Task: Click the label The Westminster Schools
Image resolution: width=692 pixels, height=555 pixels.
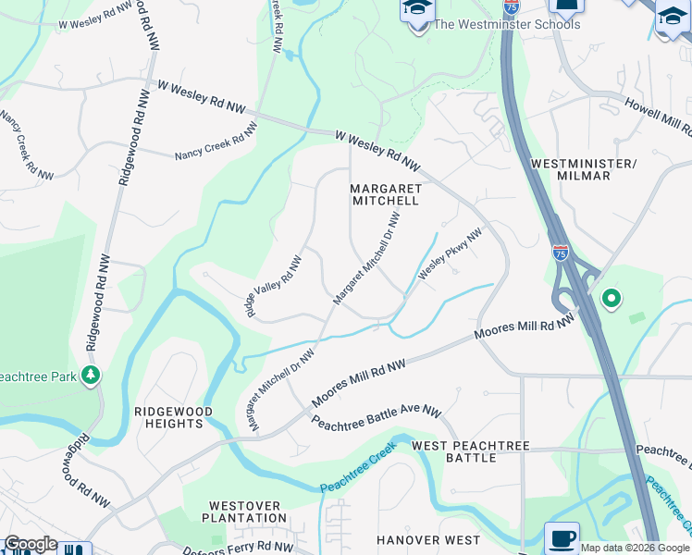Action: pyautogui.click(x=507, y=24)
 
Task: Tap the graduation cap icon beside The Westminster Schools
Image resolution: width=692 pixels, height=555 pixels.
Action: pyautogui.click(x=417, y=9)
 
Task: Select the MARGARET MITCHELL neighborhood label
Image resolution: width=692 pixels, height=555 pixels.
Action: pyautogui.click(x=386, y=194)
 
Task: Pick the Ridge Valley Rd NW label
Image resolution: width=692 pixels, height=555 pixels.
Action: pyautogui.click(x=274, y=288)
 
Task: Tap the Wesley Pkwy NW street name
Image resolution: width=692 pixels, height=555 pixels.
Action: pyautogui.click(x=451, y=255)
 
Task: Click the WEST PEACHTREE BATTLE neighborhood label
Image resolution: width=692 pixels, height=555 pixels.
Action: pyautogui.click(x=471, y=451)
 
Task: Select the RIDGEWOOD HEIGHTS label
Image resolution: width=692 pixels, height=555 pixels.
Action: pyautogui.click(x=174, y=417)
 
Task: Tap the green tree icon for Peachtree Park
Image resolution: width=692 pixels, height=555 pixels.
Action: pyautogui.click(x=91, y=375)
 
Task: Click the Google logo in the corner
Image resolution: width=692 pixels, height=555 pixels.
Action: pyautogui.click(x=31, y=544)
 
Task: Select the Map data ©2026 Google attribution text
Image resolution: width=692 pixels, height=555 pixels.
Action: pyautogui.click(x=635, y=548)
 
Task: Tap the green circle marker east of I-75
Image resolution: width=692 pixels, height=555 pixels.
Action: pyautogui.click(x=610, y=299)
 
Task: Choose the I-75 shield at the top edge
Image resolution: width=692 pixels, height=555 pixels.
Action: pyautogui.click(x=511, y=6)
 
